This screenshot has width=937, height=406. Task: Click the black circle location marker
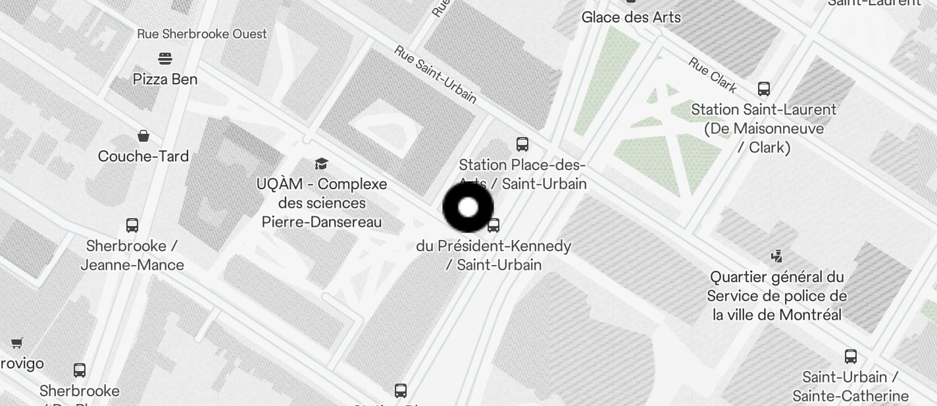[468, 208]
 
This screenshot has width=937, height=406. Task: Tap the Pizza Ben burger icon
[165, 59]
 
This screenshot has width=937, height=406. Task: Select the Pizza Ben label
[165, 79]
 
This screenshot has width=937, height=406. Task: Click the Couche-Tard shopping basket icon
[143, 136]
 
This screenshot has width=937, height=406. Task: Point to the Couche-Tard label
[143, 157]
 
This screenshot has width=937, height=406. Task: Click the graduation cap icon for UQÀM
[321, 163]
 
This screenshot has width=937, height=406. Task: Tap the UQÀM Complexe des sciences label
[322, 203]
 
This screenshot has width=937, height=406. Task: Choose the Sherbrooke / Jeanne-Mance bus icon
[132, 225]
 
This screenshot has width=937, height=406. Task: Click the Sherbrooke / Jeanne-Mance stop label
[132, 255]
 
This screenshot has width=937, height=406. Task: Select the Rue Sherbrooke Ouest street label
[202, 34]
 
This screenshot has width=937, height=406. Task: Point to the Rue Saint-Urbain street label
[435, 74]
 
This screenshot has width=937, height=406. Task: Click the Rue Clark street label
[713, 74]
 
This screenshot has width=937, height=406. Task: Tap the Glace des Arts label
[631, 17]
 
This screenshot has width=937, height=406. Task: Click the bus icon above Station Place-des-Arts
[522, 144]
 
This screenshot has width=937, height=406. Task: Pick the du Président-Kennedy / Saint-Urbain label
[494, 255]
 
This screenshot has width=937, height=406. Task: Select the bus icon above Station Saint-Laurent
[764, 89]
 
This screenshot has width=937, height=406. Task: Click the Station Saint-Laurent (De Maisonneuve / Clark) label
[764, 129]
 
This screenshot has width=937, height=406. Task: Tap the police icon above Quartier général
[777, 256]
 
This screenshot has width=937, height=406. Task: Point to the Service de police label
[777, 296]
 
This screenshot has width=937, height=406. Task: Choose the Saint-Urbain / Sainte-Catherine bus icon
[851, 357]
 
